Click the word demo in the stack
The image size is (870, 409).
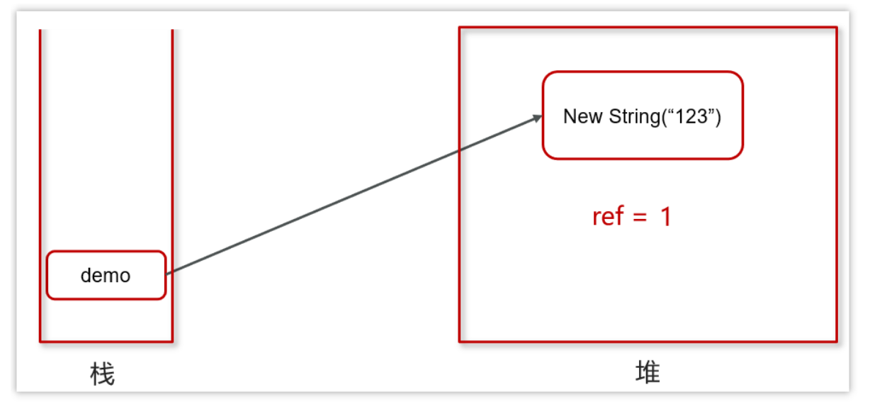click(106, 276)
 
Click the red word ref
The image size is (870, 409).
click(608, 216)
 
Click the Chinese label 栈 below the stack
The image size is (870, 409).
click(103, 374)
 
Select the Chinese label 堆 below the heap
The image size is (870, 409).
click(648, 372)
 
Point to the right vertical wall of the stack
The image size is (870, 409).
click(172, 142)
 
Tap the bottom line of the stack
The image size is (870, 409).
click(106, 342)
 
